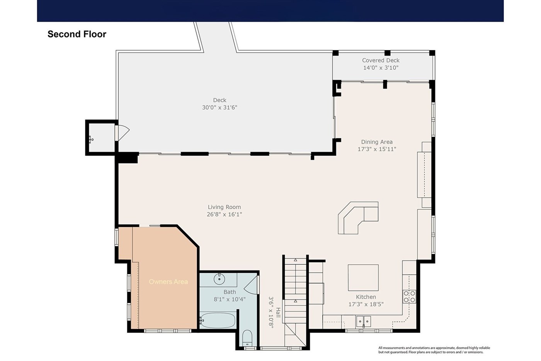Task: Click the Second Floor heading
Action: pos(77,34)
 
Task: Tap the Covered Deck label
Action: pos(381,60)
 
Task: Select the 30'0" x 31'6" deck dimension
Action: pos(219,107)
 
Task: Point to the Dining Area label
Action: pos(377,142)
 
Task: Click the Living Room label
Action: pos(225,207)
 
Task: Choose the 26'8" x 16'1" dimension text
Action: pos(225,214)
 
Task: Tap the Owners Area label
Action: pos(168,282)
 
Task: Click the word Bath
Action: pos(230,292)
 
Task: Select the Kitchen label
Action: pos(366,297)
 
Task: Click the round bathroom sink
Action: pos(219,279)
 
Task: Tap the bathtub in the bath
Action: pos(218,320)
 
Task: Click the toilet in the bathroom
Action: pos(247,338)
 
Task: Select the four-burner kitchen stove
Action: pos(409,297)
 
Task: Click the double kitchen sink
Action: pos(363,322)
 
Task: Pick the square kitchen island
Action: pos(363,277)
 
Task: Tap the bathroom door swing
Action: pos(251,285)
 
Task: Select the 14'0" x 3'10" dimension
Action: pos(381,68)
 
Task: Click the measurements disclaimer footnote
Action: pos(434,350)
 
